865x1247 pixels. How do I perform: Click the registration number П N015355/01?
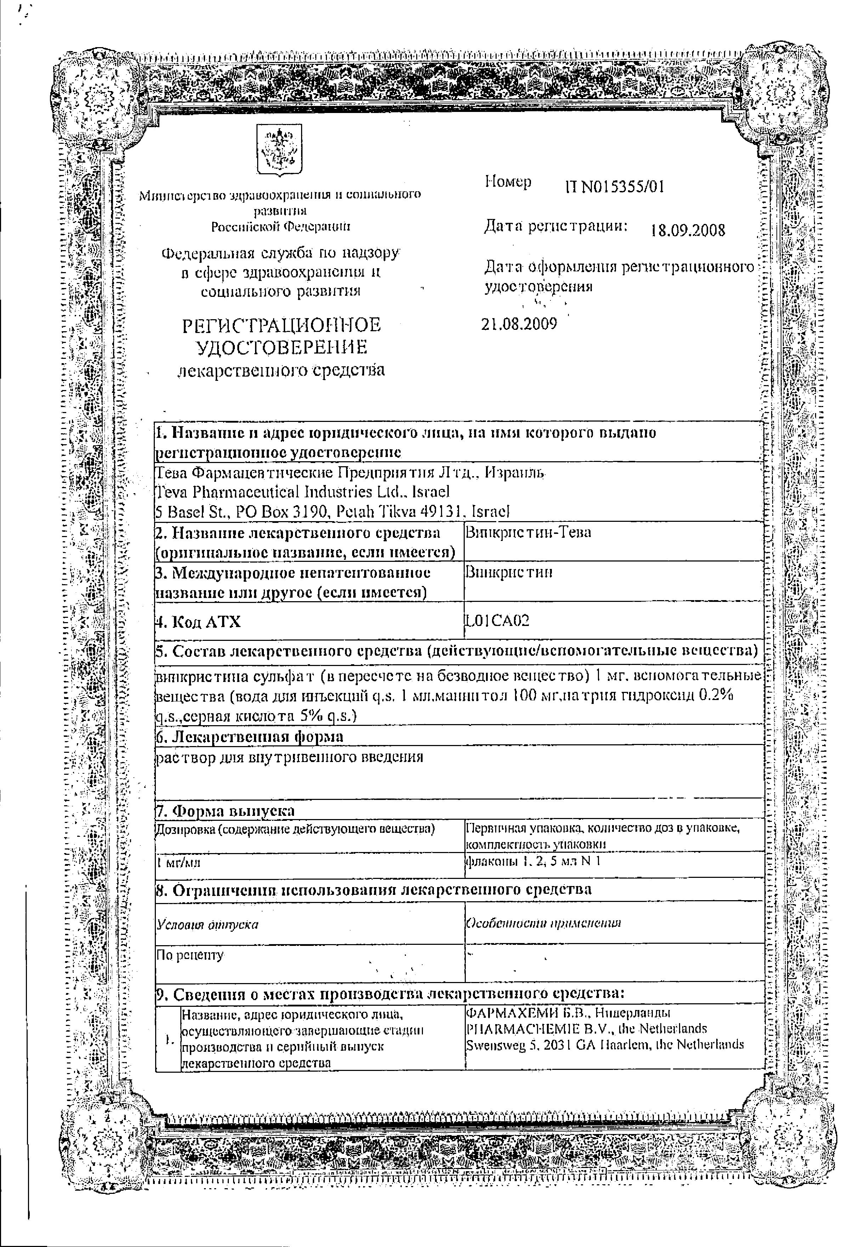click(x=614, y=187)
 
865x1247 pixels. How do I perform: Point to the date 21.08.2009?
click(x=519, y=324)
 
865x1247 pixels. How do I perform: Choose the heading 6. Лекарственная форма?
click(x=249, y=737)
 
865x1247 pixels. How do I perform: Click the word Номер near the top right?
click(x=508, y=182)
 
